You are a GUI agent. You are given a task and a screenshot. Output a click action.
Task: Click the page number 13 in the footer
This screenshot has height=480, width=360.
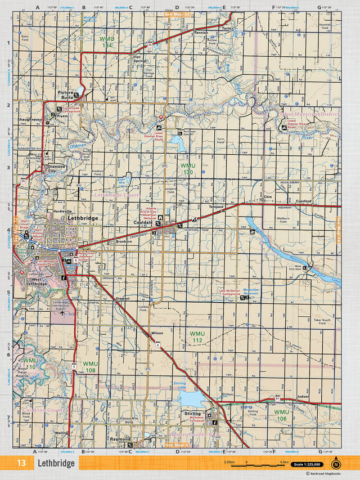[x=21, y=464]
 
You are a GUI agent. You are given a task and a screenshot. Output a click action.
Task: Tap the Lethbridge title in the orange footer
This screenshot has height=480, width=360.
[x=56, y=464]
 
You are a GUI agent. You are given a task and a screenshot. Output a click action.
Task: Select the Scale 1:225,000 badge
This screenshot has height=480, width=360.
[x=307, y=464]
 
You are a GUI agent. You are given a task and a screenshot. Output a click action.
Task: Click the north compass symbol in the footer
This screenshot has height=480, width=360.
[x=336, y=464]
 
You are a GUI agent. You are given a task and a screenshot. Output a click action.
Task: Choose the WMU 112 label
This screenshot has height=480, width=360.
[x=196, y=337]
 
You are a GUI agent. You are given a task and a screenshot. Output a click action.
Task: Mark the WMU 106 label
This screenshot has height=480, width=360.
[x=281, y=415]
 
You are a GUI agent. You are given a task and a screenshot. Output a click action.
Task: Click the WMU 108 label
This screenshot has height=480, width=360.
[x=90, y=366]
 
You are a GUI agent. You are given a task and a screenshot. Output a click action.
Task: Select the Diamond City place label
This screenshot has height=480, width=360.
[x=56, y=169]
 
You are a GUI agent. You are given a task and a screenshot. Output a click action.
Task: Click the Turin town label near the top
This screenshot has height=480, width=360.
[x=227, y=28]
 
